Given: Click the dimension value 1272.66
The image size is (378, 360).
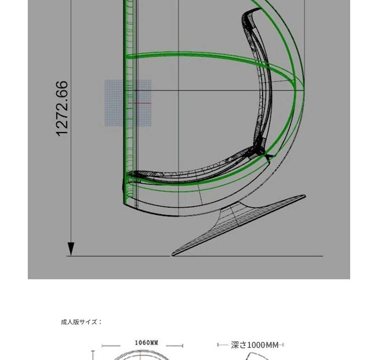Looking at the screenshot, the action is click(61, 109).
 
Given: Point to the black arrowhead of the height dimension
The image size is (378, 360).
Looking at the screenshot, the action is click(71, 249).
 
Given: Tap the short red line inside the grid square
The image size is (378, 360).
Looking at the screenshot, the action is click(140, 103).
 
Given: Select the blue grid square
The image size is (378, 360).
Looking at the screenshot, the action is click(128, 103).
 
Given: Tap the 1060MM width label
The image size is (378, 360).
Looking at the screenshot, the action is click(146, 343).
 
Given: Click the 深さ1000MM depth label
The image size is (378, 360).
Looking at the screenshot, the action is click(255, 345).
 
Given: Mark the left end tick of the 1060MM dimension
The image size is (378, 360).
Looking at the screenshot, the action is click(102, 346).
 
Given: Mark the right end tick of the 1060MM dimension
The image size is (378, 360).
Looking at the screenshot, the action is click(183, 346).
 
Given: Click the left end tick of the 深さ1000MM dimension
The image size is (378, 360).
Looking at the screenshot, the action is click(218, 345).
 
